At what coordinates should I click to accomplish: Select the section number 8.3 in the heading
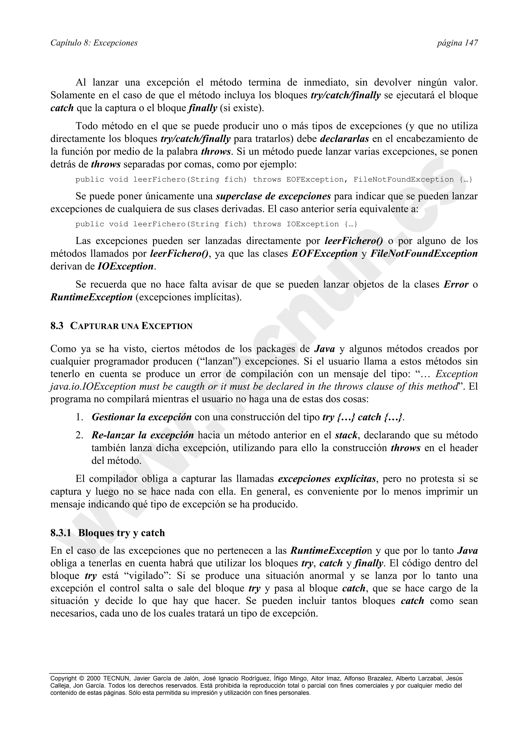click(57, 326)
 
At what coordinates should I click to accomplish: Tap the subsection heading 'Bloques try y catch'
click(121, 533)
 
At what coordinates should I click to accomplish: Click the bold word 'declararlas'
click(344, 139)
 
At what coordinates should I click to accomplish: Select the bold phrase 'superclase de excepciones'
click(273, 196)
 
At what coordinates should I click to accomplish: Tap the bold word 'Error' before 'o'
click(456, 285)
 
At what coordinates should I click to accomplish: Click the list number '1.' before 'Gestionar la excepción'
click(80, 417)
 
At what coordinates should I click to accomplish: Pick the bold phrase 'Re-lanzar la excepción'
click(143, 435)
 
